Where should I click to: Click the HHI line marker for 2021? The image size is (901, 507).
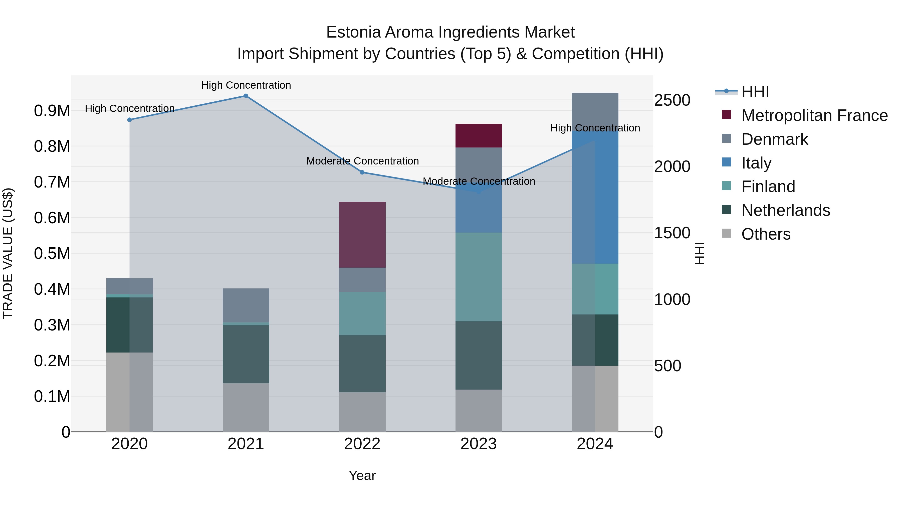click(246, 96)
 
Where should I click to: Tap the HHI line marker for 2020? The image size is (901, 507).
click(129, 120)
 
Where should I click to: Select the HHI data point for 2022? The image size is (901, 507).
click(362, 172)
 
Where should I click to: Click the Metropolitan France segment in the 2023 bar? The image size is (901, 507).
click(479, 135)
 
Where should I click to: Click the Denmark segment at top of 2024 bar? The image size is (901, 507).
click(595, 108)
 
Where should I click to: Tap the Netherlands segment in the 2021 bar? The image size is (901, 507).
click(246, 354)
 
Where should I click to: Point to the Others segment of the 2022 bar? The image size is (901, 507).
click(362, 412)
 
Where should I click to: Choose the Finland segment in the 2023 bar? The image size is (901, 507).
click(479, 277)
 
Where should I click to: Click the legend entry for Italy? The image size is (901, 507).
click(756, 163)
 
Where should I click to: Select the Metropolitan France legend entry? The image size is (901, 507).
click(814, 115)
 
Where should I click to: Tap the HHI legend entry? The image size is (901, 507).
click(755, 92)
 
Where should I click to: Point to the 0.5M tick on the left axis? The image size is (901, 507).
click(52, 254)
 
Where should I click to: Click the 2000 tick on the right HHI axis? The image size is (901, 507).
click(672, 166)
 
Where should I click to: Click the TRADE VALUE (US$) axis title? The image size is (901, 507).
click(8, 253)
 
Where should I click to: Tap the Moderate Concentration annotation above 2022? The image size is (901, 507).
click(362, 161)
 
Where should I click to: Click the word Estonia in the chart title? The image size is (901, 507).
click(353, 32)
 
